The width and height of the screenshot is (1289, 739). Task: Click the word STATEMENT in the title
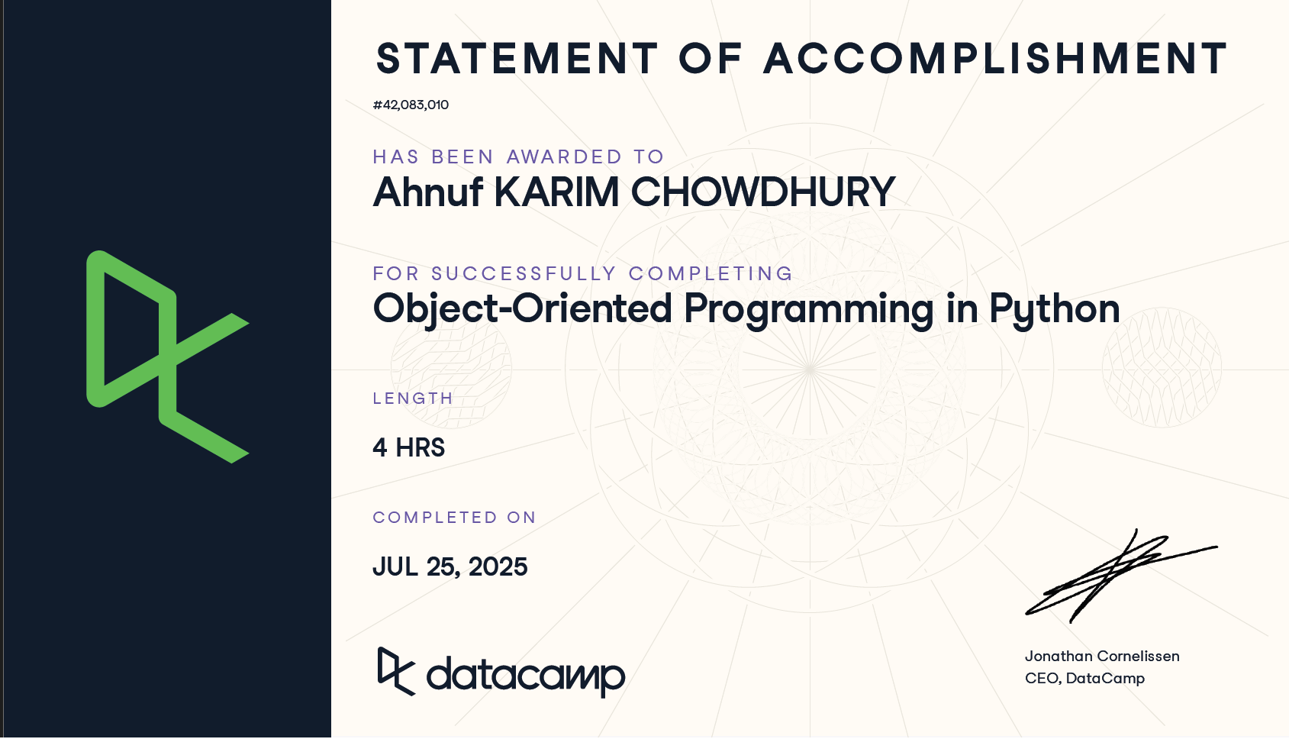pos(517,59)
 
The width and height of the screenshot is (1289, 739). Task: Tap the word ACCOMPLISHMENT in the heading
pos(995,59)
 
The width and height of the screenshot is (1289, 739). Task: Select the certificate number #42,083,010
pos(411,105)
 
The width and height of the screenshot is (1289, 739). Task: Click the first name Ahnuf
pos(427,192)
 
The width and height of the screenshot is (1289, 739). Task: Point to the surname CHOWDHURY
pos(763,192)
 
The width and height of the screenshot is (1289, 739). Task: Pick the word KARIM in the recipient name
pos(556,192)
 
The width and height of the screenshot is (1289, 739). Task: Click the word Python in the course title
pos(1055,310)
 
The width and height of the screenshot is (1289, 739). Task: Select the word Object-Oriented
pos(522,310)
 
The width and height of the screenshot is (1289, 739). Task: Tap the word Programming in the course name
pos(808,310)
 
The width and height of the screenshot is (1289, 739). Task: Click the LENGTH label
pos(413,399)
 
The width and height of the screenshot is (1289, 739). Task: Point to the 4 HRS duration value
pos(408,448)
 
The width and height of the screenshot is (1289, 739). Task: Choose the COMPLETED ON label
pos(454,518)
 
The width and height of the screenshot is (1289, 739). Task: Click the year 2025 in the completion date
pos(498,567)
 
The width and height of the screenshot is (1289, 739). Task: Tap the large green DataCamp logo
pos(167,356)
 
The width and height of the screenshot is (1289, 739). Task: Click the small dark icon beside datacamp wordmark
pos(396,671)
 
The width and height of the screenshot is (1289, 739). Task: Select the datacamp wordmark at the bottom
pos(525,676)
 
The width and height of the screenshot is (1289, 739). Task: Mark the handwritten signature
pos(1120,576)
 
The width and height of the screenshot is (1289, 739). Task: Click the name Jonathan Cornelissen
pos(1102,656)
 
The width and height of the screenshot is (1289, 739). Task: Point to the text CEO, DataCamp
pos(1084,679)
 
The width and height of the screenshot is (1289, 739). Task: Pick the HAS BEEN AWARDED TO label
pos(518,157)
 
